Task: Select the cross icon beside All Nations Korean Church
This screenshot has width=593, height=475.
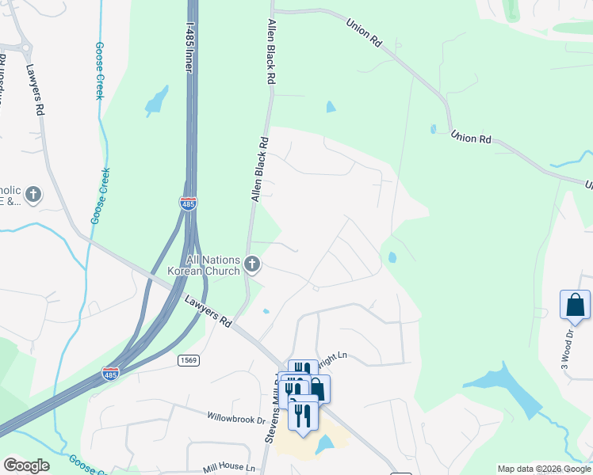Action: pos(252,264)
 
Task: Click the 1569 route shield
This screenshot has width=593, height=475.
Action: pos(187,360)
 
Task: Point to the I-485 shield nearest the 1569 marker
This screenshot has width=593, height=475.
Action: pos(110,374)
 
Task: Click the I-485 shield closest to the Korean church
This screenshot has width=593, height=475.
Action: pos(188,203)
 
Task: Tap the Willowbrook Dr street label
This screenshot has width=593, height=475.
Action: pos(235,417)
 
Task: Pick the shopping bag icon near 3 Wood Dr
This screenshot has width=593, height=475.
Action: pos(575,305)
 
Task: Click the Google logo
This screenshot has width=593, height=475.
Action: pos(26,465)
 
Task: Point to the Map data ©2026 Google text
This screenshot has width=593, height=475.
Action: pos(544,469)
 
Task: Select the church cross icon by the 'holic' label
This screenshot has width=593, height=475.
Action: pos(33,194)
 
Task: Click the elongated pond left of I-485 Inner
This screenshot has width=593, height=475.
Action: pos(156,101)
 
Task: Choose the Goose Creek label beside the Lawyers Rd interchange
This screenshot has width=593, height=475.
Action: pos(101,196)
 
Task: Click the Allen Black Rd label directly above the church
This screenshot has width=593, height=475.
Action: pos(260,169)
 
